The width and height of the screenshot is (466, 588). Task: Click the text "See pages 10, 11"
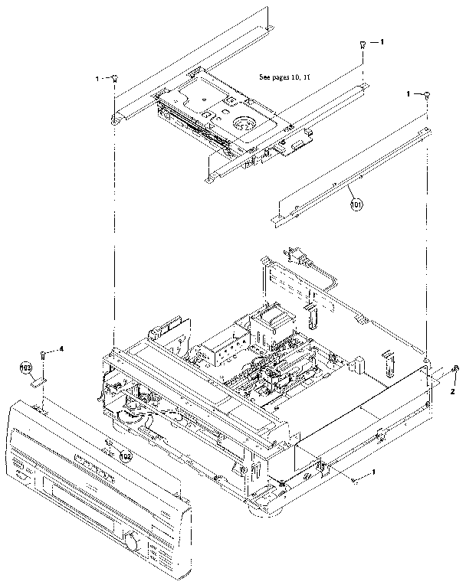pos(289,77)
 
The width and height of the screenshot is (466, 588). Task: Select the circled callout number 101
pos(356,205)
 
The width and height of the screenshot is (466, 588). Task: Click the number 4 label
pos(61,349)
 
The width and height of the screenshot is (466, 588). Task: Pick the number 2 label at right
pos(452,390)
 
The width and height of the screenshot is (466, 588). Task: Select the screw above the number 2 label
pos(455,372)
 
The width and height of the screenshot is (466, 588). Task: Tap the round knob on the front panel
pos(133,543)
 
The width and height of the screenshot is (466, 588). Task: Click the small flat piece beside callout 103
pos(39,381)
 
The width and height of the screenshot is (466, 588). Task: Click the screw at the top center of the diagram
pos(361,46)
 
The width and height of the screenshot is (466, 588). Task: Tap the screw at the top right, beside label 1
pos(427,94)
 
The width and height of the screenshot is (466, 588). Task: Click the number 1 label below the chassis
pos(373,473)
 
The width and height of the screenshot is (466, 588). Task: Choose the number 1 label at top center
pos(382,41)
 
